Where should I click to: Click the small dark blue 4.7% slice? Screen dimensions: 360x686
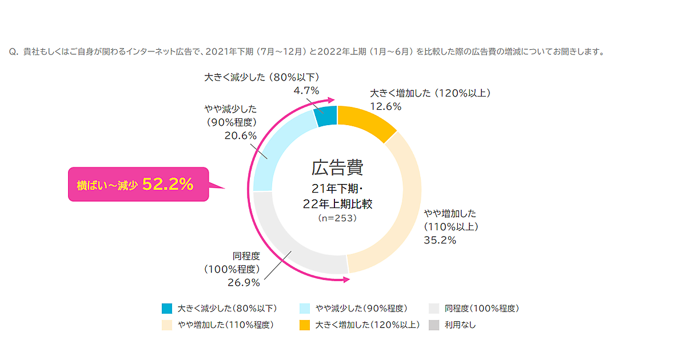326,115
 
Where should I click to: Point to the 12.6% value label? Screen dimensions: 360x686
386,106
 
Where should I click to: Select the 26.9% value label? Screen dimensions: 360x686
244,282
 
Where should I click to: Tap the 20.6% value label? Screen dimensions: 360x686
241,135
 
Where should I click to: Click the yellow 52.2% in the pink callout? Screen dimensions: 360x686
167,184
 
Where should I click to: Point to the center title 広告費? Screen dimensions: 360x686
337,168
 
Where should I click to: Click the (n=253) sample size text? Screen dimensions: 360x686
337,218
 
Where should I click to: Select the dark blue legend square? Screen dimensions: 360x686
167,309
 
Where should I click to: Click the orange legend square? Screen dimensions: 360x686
305,325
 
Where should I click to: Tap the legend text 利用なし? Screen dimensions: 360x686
460,325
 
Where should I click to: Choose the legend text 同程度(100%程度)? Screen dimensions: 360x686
482,309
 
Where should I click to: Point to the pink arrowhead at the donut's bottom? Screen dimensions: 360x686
345,280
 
